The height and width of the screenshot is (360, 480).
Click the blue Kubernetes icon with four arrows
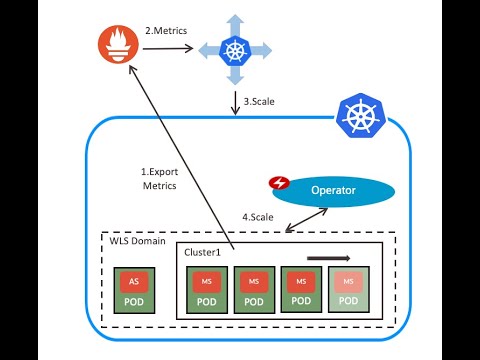(x=234, y=49)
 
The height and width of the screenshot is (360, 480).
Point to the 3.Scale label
(x=259, y=100)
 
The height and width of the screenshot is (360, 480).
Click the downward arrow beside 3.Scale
(x=234, y=102)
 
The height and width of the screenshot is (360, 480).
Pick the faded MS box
(x=348, y=281)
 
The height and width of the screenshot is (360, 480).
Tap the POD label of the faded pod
(x=348, y=301)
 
